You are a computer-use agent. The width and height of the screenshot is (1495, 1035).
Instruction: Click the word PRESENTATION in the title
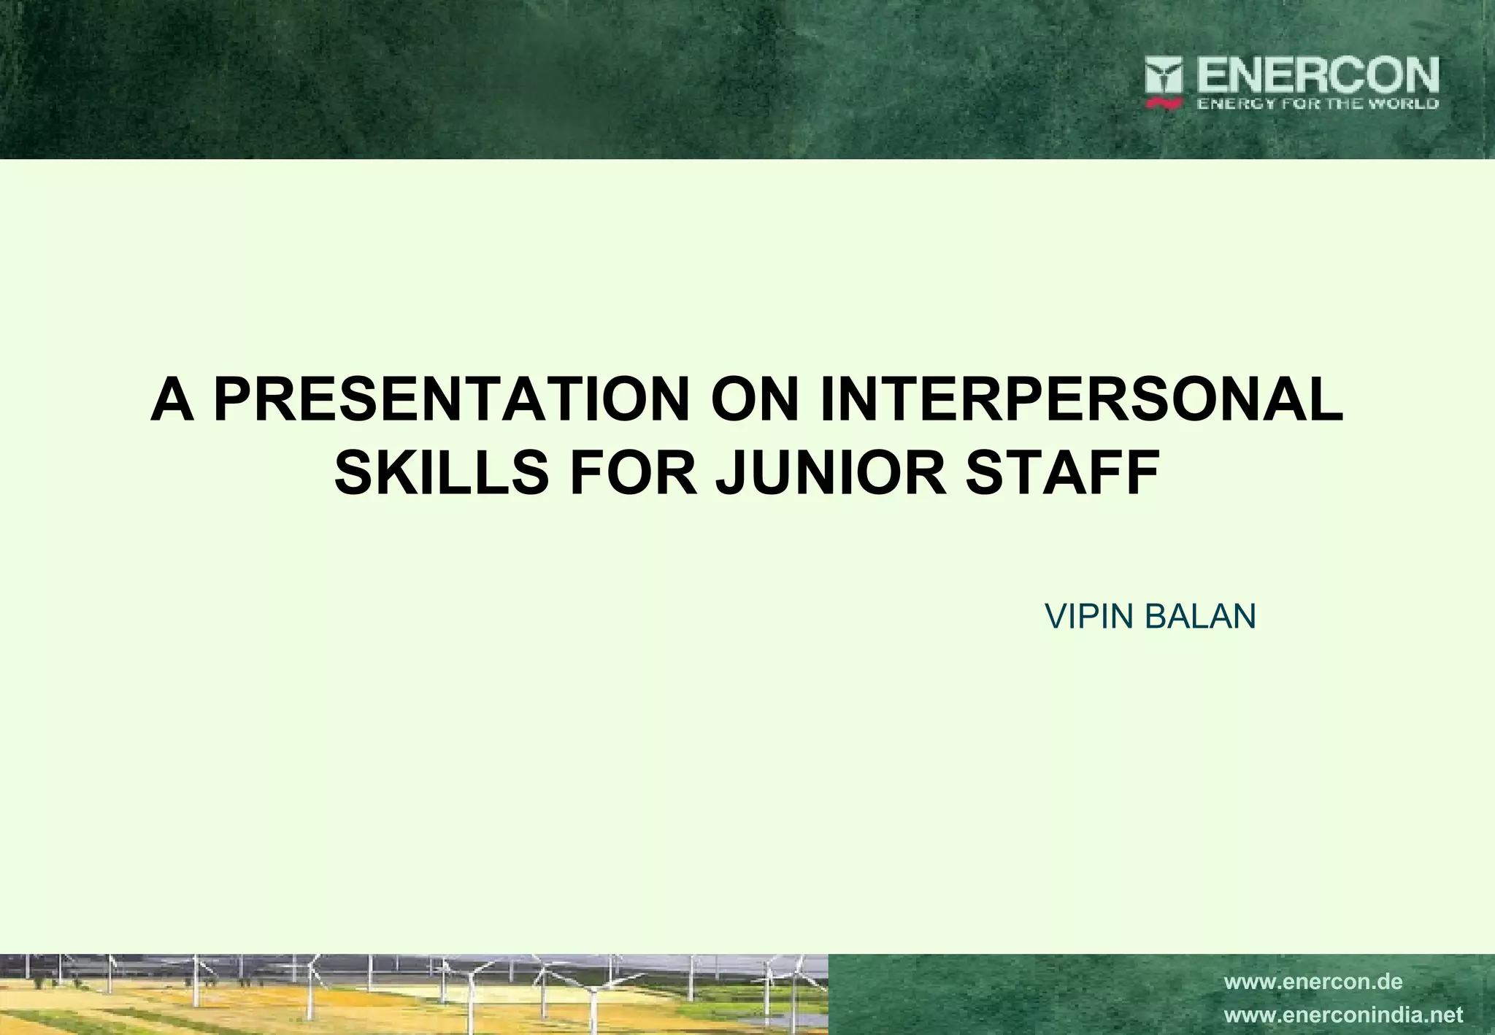click(451, 400)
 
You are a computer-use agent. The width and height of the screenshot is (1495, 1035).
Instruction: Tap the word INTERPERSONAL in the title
click(1081, 400)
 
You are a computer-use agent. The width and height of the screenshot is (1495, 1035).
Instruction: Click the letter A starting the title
click(172, 400)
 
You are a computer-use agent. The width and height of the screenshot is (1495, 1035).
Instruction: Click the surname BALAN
click(1200, 617)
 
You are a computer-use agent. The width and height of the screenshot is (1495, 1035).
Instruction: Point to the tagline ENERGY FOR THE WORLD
click(1317, 104)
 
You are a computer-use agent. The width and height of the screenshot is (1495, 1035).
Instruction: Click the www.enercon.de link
click(1313, 982)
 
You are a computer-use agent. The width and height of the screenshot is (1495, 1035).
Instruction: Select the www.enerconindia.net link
click(1343, 1015)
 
